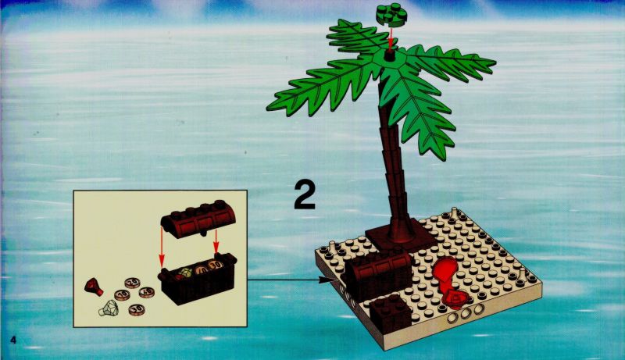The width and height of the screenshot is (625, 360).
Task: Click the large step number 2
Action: [x=305, y=194]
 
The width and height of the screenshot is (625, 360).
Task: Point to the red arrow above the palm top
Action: [x=391, y=37]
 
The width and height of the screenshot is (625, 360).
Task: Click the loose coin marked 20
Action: [x=132, y=283]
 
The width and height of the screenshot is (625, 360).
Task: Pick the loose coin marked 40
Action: [x=147, y=292]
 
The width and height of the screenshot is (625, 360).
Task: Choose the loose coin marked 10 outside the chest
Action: [x=122, y=294]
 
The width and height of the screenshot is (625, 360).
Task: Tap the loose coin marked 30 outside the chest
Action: [x=137, y=309]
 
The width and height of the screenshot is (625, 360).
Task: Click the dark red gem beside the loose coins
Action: [x=94, y=287]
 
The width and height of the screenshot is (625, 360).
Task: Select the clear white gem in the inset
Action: [x=108, y=308]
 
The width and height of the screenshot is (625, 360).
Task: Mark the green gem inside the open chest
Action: [x=185, y=273]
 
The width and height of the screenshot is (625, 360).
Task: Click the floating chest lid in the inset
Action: [x=198, y=218]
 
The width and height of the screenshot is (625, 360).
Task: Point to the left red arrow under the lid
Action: [x=162, y=247]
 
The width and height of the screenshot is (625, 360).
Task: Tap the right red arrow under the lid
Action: [x=216, y=241]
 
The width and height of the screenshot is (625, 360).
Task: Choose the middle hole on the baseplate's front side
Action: [x=465, y=313]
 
